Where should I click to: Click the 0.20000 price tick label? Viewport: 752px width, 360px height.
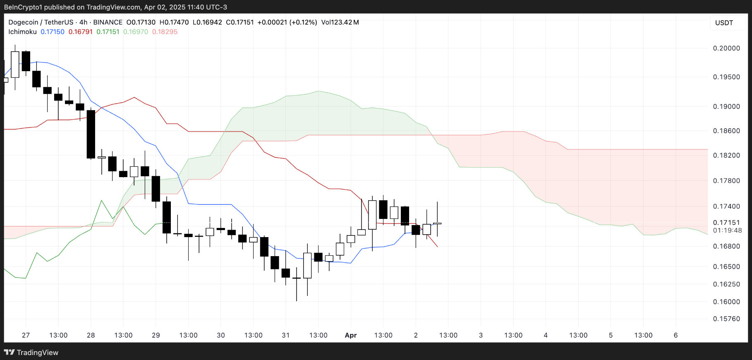(726, 48)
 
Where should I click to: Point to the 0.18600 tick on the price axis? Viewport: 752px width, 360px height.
(726, 131)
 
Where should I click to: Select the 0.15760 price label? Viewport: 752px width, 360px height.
(726, 319)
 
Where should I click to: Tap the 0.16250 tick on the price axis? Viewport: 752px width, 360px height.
(726, 284)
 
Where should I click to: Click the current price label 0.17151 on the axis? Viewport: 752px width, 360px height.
(726, 223)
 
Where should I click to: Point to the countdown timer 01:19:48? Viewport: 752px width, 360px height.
(727, 230)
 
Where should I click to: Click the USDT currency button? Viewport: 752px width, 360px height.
(724, 23)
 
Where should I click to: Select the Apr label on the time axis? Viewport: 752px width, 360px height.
(351, 335)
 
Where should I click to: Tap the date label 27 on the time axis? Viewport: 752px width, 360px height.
(26, 335)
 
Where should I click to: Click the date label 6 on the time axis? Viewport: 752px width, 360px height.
(675, 335)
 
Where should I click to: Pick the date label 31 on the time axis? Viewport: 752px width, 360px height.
(286, 335)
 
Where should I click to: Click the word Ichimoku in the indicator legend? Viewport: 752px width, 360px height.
(22, 32)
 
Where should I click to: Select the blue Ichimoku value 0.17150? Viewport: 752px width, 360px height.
(53, 32)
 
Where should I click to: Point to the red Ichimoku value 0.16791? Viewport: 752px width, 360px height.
(80, 32)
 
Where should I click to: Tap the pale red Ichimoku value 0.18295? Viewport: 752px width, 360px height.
(165, 32)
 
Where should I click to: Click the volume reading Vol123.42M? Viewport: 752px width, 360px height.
(340, 22)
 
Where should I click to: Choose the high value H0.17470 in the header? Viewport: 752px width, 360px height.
(174, 22)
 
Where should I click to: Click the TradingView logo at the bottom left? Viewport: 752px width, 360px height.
(31, 352)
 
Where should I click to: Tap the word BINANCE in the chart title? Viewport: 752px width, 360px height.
(108, 22)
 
